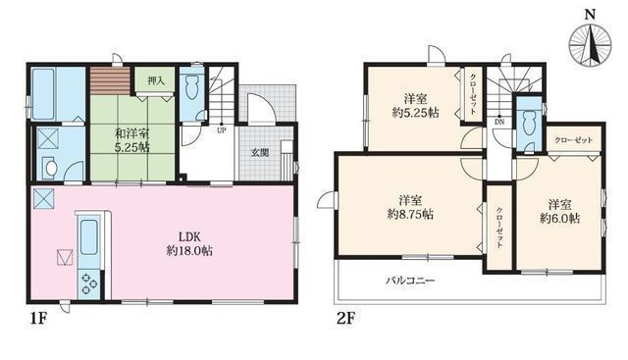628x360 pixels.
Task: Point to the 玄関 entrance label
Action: [259, 152]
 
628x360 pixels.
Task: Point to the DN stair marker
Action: [499, 122]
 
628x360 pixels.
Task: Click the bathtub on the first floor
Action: [45, 93]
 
